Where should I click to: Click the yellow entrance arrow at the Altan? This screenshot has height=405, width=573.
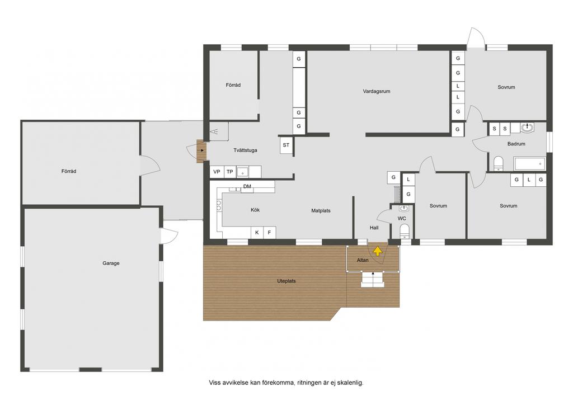tap(378, 251)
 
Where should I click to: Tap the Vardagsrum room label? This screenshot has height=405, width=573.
tap(377, 91)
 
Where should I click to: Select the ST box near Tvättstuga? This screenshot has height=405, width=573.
tap(286, 145)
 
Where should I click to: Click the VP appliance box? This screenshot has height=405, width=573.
tap(217, 172)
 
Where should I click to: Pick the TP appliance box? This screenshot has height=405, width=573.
tap(230, 172)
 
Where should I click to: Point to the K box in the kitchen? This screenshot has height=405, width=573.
tap(257, 232)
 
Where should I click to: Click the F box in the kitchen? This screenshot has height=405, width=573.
tap(269, 232)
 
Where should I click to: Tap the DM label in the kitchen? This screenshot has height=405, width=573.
tap(247, 186)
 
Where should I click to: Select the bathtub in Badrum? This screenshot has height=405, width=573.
tap(529, 163)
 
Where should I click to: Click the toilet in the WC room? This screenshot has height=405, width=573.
tap(405, 231)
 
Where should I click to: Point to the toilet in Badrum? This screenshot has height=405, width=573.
tap(499, 163)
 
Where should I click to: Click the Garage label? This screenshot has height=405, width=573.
tap(111, 263)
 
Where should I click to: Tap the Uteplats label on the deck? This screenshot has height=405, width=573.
tap(286, 281)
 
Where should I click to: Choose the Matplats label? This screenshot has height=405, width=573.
tap(321, 210)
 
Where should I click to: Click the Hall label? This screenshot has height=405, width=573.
tap(374, 228)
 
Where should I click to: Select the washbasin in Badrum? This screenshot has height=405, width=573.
tap(527, 128)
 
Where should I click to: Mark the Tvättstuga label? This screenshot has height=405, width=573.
tap(245, 150)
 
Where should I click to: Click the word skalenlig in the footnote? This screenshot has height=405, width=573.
tap(350, 383)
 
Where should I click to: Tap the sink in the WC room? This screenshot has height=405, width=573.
tap(404, 209)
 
